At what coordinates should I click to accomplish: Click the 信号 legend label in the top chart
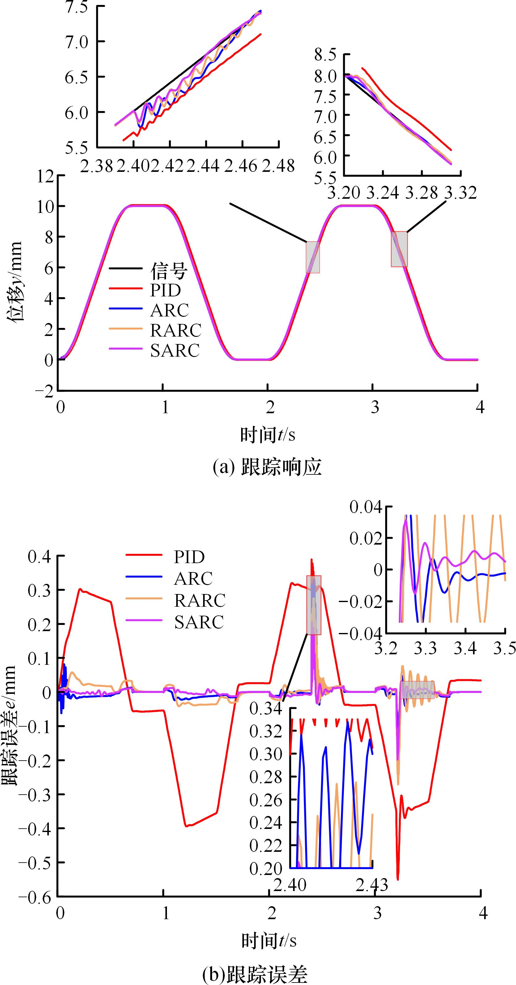coord(169,271)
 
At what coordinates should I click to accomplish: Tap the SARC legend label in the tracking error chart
coord(199,622)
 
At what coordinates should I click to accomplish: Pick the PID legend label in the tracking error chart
coord(189,557)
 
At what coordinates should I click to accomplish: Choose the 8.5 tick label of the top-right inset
coord(325,55)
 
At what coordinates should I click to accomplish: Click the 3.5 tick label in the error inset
coord(505,648)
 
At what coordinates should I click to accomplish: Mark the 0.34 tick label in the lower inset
coord(266,709)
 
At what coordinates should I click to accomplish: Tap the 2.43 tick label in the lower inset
coord(371,885)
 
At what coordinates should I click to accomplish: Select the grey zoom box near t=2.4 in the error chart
coord(314,605)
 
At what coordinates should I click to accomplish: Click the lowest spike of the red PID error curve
coord(398,879)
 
